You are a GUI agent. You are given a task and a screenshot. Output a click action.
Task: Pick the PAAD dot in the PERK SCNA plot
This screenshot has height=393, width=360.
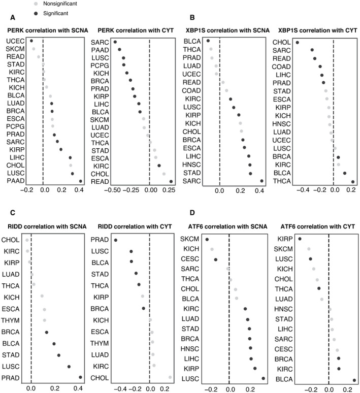point(80,181)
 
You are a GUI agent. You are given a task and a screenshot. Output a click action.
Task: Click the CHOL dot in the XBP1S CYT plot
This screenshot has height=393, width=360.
point(298,43)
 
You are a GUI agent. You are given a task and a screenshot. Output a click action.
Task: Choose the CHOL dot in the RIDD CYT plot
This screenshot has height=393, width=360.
point(170,377)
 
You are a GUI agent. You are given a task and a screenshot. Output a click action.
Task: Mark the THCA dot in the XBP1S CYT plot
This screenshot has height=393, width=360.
point(353,181)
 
